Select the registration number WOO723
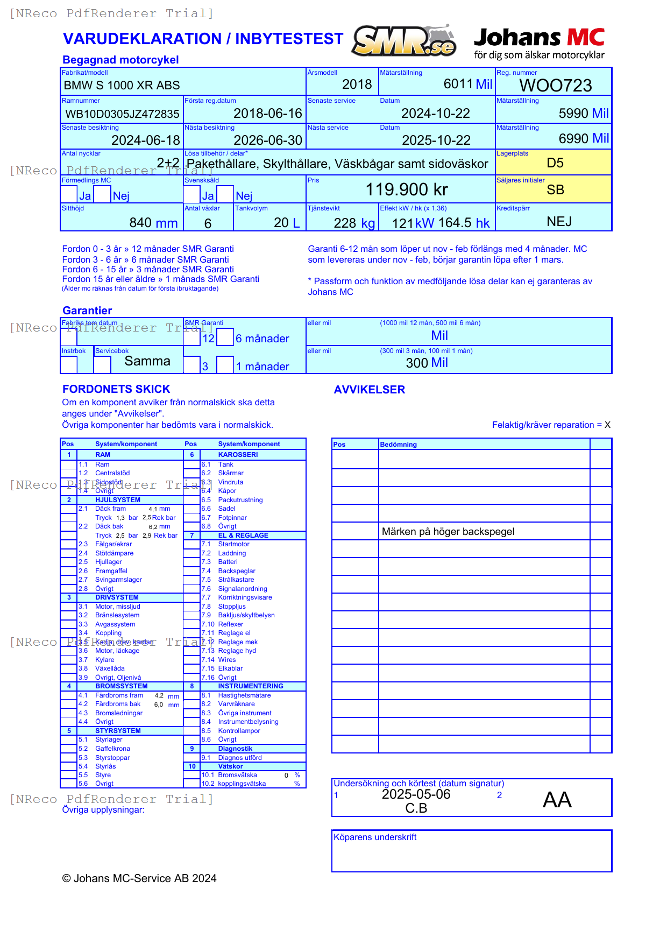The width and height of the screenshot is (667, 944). (x=555, y=86)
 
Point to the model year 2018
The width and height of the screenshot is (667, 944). (x=357, y=84)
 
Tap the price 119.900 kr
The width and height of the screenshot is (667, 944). (x=407, y=189)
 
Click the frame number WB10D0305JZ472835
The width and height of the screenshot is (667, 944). (x=122, y=114)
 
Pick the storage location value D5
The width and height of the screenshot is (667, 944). (x=555, y=163)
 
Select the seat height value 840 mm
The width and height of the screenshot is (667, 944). (x=153, y=223)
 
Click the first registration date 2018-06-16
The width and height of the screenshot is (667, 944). (x=267, y=114)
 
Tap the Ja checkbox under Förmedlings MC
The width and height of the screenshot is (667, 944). (x=69, y=194)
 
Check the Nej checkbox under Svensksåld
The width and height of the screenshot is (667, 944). (x=225, y=194)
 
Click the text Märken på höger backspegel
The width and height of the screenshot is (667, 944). (x=448, y=532)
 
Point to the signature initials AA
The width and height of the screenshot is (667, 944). (x=557, y=800)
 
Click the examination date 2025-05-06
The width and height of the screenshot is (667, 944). (x=416, y=794)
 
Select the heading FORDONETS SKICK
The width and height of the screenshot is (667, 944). (x=116, y=389)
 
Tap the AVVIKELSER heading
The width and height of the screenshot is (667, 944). (x=369, y=390)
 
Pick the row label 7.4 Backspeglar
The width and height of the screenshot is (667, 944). (x=236, y=571)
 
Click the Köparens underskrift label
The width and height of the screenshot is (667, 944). (x=374, y=837)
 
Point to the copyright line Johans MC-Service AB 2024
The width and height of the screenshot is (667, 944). (x=139, y=878)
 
